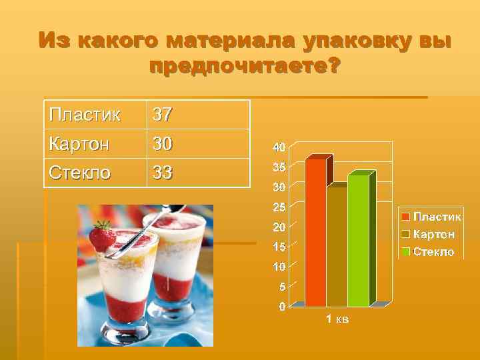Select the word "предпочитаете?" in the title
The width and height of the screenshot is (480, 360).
point(244,67)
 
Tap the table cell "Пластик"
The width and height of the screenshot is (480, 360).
point(85,115)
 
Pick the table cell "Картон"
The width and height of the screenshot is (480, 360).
point(79,143)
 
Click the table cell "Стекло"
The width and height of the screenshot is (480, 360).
point(80,173)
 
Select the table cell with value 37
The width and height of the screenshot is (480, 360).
point(163,115)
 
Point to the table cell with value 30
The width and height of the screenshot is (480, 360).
point(163,143)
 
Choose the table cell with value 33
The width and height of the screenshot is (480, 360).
point(163,173)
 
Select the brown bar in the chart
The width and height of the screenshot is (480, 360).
point(337,247)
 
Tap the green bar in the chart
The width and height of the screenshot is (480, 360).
point(358,240)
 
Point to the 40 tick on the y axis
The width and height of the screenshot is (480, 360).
point(279,147)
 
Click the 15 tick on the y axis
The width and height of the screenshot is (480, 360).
point(279,247)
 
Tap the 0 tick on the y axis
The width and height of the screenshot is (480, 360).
point(282,307)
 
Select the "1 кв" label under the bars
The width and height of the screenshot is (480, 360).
point(337,319)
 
